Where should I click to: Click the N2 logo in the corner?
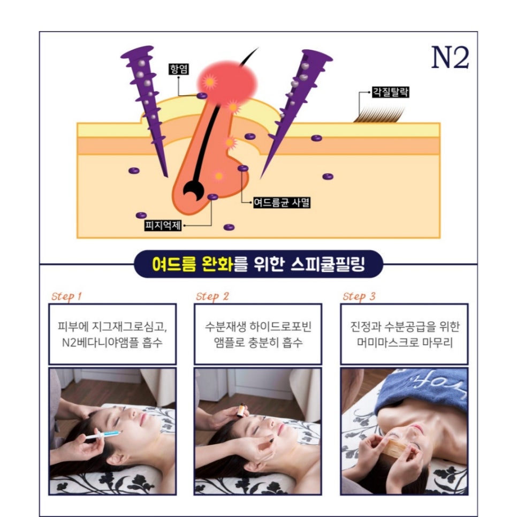(450, 57)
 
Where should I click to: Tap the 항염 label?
(178, 69)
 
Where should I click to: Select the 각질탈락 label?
(390, 92)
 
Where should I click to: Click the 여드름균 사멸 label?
(282, 202)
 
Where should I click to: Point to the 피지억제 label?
(163, 225)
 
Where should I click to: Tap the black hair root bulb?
(193, 191)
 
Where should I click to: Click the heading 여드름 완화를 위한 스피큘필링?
(259, 264)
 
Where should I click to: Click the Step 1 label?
(66, 296)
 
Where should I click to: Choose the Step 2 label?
(212, 296)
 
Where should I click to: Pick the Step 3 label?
(359, 296)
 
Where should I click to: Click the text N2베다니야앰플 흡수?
(112, 343)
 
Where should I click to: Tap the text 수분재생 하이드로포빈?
(258, 326)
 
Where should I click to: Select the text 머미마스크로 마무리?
(405, 343)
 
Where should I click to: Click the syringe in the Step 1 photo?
(103, 435)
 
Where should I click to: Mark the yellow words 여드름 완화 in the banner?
(193, 264)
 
